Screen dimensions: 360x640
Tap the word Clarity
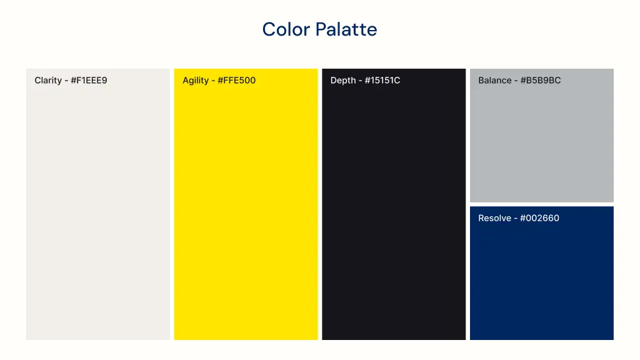[x=48, y=80]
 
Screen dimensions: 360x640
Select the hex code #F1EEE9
[x=89, y=80]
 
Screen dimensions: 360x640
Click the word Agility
[x=196, y=80]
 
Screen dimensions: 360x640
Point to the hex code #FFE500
[x=236, y=80]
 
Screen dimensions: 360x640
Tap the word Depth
[x=343, y=80]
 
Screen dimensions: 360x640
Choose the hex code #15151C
[x=382, y=80]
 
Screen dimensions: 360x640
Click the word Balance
[x=495, y=80]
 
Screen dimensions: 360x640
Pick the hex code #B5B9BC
[x=541, y=80]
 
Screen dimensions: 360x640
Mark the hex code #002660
[x=539, y=218]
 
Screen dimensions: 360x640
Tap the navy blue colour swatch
[x=541, y=281]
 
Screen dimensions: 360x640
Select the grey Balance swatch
[x=541, y=144]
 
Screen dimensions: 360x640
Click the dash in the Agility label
[x=213, y=81]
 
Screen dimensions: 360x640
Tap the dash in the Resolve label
[x=516, y=219]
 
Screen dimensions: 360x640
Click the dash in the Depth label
[x=360, y=81]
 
